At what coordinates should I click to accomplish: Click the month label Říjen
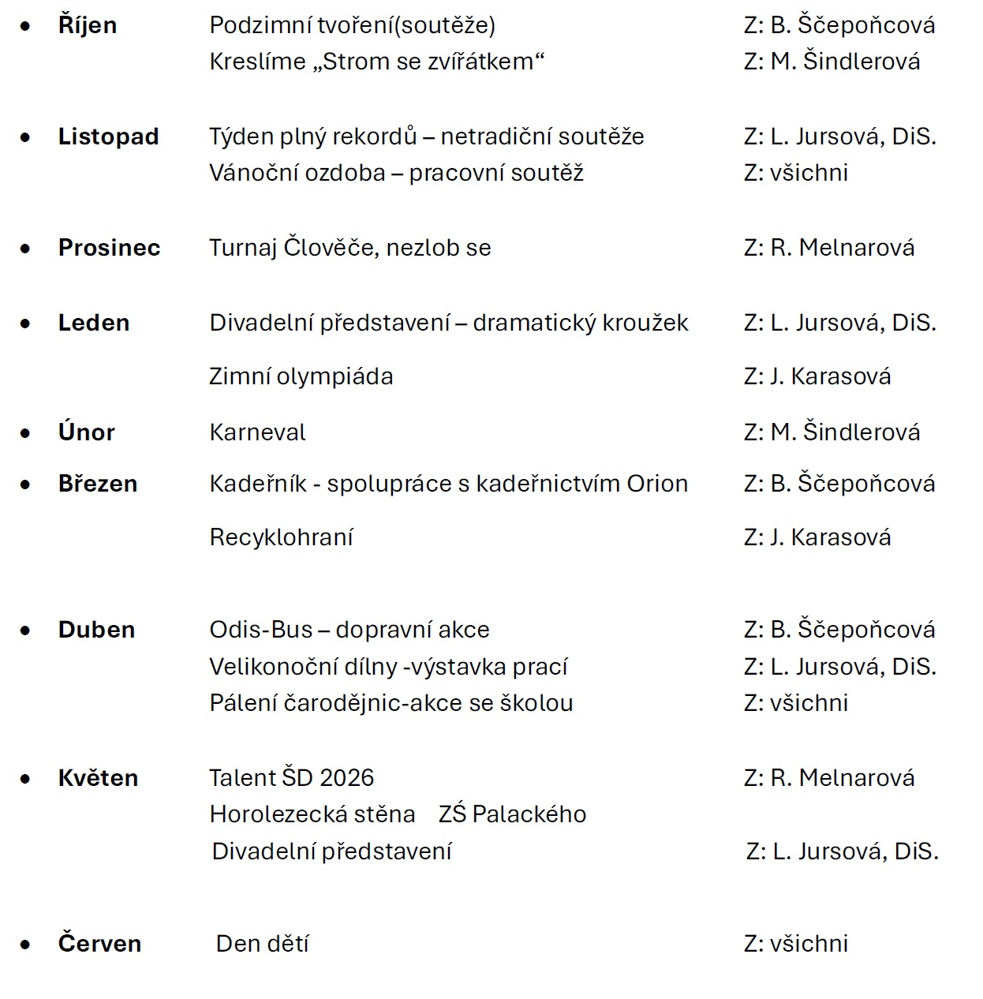pyautogui.click(x=88, y=25)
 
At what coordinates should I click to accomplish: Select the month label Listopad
pyautogui.click(x=108, y=137)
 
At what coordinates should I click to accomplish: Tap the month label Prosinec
pyautogui.click(x=109, y=248)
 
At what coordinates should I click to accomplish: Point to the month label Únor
pyautogui.click(x=86, y=432)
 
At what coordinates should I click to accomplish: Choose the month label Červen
pyautogui.click(x=99, y=944)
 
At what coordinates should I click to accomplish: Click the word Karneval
pyautogui.click(x=257, y=432)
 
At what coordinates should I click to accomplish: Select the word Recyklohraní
pyautogui.click(x=281, y=537)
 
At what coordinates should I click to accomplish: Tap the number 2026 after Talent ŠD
pyautogui.click(x=347, y=778)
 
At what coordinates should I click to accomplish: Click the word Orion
pyautogui.click(x=657, y=484)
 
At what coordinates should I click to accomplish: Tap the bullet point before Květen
pyautogui.click(x=26, y=779)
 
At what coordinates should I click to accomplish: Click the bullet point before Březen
pyautogui.click(x=26, y=485)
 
